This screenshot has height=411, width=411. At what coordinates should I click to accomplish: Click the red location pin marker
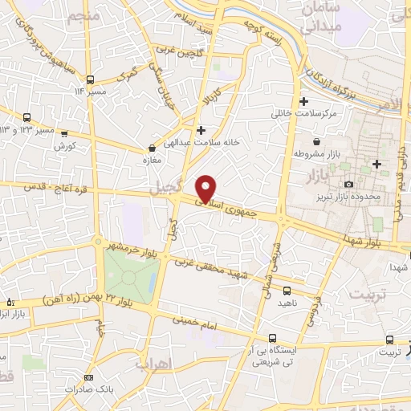[207, 188]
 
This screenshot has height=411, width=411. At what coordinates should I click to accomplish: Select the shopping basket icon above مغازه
[152, 148]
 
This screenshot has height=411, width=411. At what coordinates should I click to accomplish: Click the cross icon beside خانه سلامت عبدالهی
[201, 130]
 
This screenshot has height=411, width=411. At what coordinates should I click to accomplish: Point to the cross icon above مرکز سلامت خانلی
[303, 101]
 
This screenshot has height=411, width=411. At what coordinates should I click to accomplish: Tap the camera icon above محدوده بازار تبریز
[348, 185]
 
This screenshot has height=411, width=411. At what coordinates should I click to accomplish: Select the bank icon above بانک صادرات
[87, 377]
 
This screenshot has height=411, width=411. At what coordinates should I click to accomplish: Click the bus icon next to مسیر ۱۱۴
[90, 79]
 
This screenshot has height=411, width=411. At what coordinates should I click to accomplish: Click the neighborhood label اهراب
[153, 366]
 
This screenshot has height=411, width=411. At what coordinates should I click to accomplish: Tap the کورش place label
[64, 146]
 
